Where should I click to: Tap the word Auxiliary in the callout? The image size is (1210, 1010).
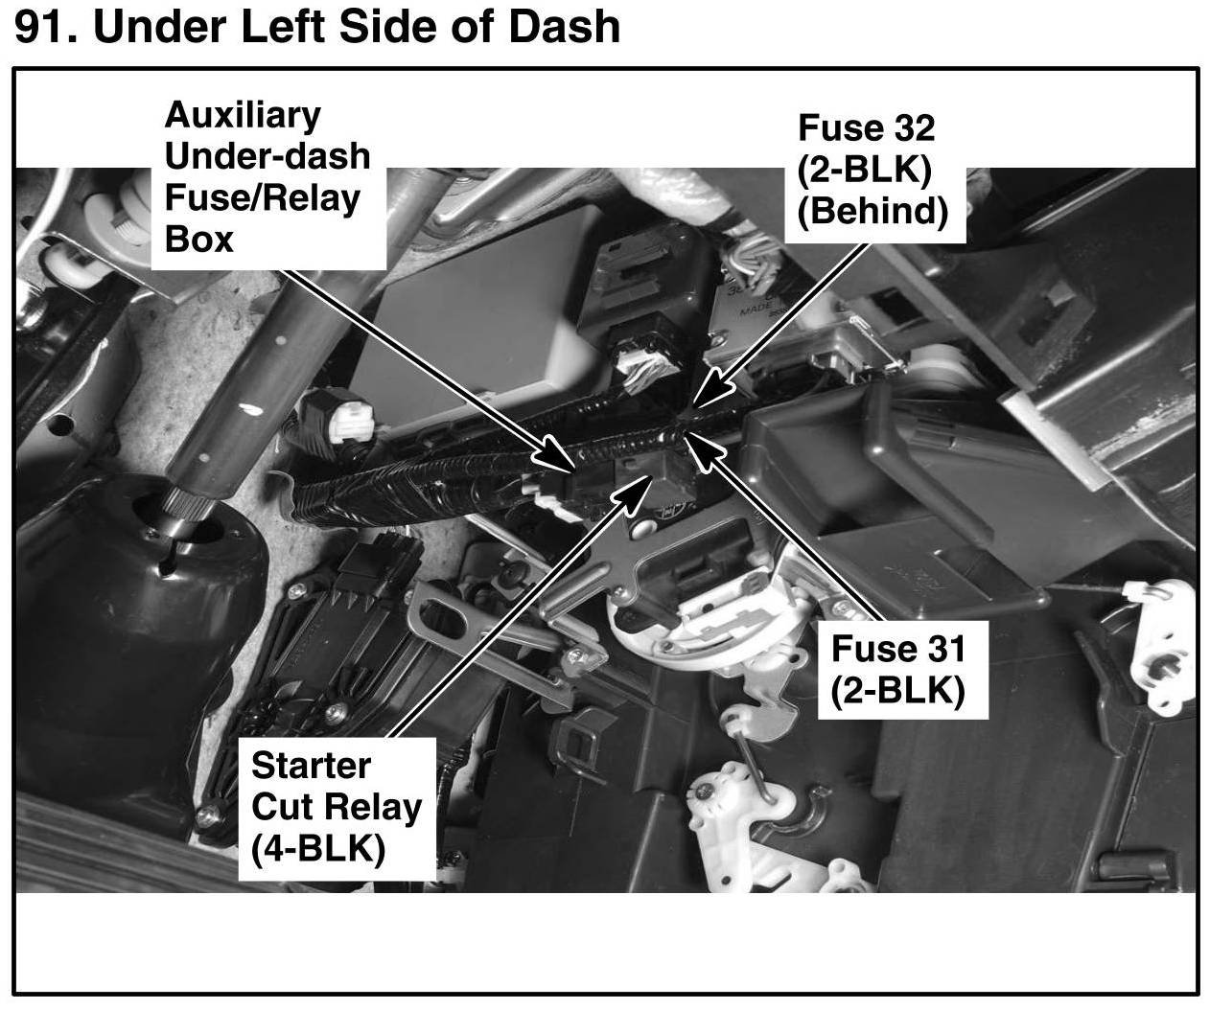243,114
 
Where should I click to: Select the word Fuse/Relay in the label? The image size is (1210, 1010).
262,197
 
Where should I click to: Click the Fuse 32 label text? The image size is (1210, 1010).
866,127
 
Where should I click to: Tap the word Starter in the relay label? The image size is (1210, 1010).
311,765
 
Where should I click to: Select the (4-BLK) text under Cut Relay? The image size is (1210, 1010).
317,848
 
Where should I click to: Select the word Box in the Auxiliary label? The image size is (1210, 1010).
198,239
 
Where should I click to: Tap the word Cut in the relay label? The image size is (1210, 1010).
283,806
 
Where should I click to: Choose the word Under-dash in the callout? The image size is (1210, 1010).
267,155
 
